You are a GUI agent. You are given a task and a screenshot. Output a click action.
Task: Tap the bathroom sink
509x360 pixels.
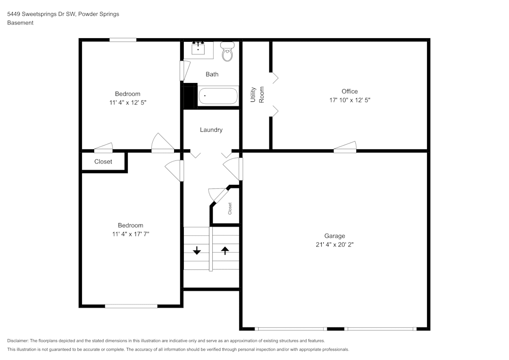pyautogui.click(x=198, y=49)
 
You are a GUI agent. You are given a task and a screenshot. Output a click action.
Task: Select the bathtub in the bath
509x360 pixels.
pyautogui.click(x=217, y=96)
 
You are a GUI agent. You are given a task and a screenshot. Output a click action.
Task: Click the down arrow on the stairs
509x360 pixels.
pyautogui.click(x=196, y=250)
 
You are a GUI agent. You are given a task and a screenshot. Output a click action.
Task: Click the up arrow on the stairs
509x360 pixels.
pyautogui.click(x=224, y=250)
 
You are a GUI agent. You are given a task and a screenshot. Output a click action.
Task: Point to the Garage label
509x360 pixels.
pyautogui.click(x=334, y=236)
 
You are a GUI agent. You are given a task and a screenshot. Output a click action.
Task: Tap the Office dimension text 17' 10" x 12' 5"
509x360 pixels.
pyautogui.click(x=349, y=100)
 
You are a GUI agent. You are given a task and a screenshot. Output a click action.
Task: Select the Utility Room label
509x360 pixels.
pyautogui.click(x=257, y=95)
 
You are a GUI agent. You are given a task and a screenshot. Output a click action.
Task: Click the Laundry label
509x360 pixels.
pyautogui.click(x=211, y=130)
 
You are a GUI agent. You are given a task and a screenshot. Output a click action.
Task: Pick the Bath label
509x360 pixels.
pyautogui.click(x=212, y=74)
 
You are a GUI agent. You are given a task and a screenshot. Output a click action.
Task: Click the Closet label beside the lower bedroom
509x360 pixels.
pyautogui.click(x=103, y=162)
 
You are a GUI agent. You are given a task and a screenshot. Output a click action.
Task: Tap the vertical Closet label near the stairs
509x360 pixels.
pyautogui.click(x=230, y=208)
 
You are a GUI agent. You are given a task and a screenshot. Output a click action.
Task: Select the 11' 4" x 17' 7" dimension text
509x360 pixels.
pyautogui.click(x=130, y=234)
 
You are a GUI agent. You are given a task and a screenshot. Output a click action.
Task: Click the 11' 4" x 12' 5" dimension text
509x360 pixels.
pyautogui.click(x=127, y=102)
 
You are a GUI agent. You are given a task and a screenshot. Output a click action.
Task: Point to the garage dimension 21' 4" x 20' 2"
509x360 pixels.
pyautogui.click(x=334, y=244)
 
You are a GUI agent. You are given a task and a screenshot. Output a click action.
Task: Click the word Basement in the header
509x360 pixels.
pyautogui.click(x=20, y=23)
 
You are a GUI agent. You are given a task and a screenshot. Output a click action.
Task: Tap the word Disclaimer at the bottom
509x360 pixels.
pyautogui.click(x=18, y=341)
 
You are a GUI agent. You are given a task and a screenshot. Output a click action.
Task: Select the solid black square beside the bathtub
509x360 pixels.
pyautogui.click(x=190, y=96)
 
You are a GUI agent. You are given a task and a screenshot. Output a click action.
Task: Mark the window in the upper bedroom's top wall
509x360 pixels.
pyautogui.click(x=123, y=40)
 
